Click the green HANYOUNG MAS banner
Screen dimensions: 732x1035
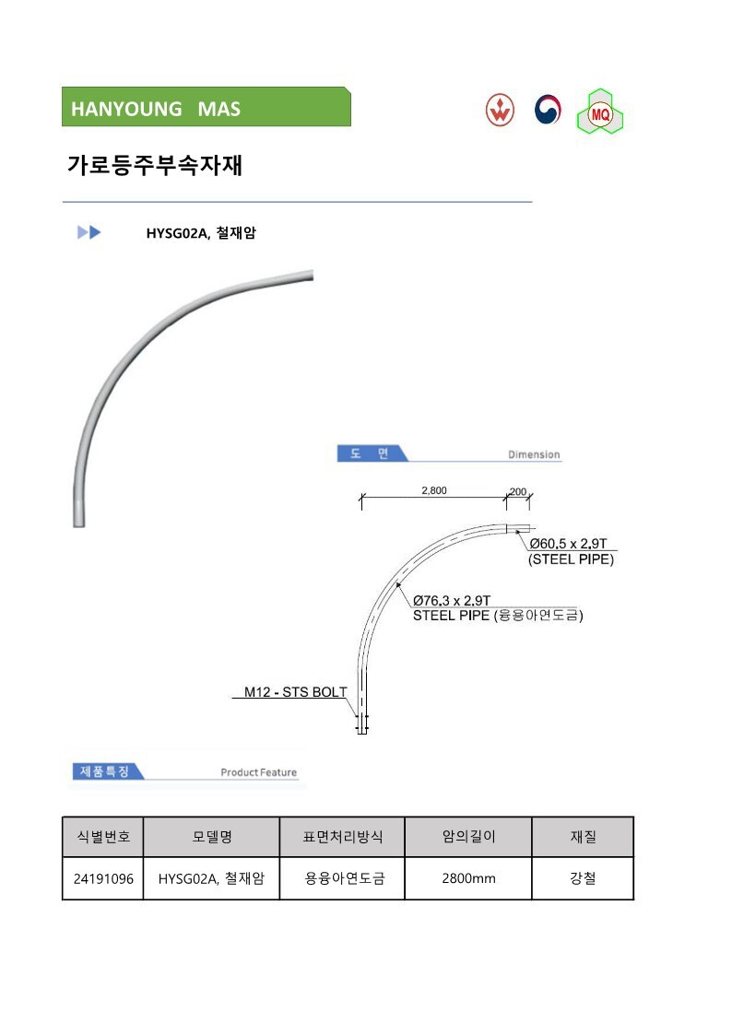tap(206, 107)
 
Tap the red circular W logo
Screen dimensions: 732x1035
tap(500, 110)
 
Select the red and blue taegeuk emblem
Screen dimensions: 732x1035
tap(548, 110)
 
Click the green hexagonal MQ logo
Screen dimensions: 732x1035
tap(600, 112)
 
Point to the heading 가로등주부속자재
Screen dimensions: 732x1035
tap(155, 164)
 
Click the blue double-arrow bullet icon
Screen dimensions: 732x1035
tap(89, 232)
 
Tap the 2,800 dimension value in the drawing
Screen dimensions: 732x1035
tap(434, 490)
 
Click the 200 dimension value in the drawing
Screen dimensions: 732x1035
tap(518, 492)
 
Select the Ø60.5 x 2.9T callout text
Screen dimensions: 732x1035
tap(568, 543)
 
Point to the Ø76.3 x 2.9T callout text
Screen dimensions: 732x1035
tap(452, 600)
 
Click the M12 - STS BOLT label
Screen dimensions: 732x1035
tap(296, 692)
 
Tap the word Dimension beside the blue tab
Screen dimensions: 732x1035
tap(534, 454)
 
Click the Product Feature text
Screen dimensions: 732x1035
tap(259, 772)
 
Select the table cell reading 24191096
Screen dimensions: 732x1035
tap(103, 878)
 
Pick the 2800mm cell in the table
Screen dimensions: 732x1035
tap(468, 878)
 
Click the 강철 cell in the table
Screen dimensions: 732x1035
tap(583, 878)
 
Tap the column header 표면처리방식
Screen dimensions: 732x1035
tap(343, 837)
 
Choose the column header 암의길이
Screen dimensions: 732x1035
tap(468, 837)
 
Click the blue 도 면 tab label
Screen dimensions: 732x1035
tap(370, 453)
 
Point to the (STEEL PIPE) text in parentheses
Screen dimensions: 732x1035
tap(571, 559)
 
